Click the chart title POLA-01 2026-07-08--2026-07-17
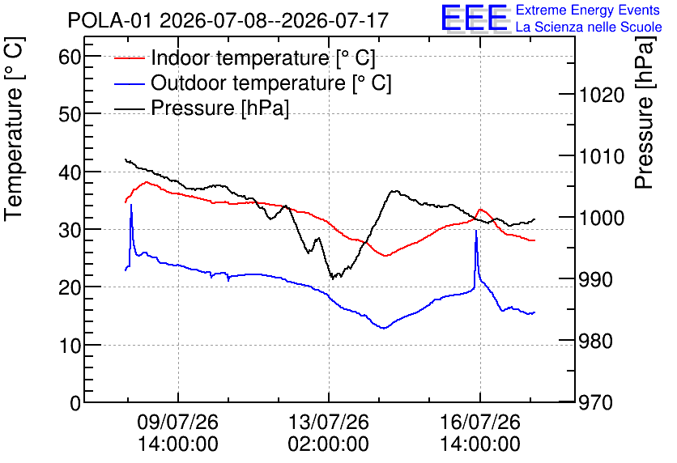coord(228,20)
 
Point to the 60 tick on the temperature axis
coord(70,56)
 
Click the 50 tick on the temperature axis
coord(70,114)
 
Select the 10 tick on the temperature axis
coord(70,345)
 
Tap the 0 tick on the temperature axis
coord(75,403)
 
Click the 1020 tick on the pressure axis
coord(602,95)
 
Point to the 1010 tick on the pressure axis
coord(602,156)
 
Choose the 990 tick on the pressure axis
coord(596,279)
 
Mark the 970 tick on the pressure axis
coord(596,403)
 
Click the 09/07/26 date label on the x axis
coord(178,422)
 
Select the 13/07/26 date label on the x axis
coord(329,422)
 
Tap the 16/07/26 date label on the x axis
coord(480,422)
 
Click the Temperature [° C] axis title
coord(14,130)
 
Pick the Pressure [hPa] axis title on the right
coord(645,113)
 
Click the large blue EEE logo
coord(475,18)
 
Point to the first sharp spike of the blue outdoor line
coord(131,205)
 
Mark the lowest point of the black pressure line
coord(332,278)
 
